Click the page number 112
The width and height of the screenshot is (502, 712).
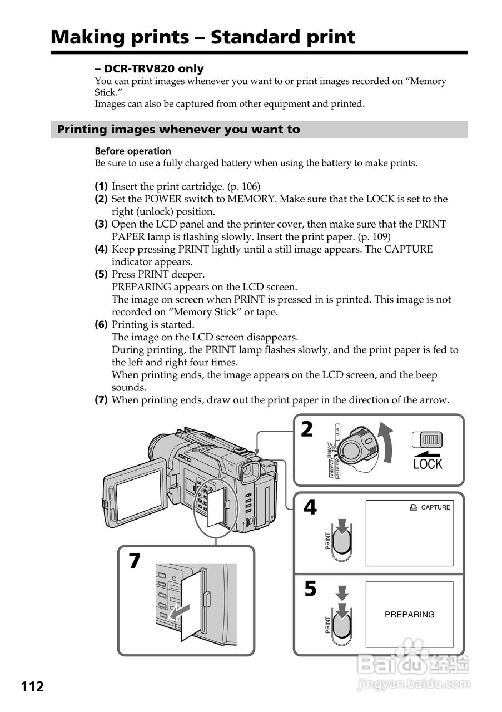tap(33, 686)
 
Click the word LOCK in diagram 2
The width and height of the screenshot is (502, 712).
tap(428, 463)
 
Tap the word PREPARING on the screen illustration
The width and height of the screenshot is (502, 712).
tap(409, 615)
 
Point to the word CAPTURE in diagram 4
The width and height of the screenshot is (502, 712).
tap(435, 507)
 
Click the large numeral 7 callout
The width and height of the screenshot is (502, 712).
tap(135, 561)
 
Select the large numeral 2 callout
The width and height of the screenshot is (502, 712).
tap(307, 430)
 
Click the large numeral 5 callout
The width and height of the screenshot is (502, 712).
tap(310, 589)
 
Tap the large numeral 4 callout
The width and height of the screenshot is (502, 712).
tap(310, 507)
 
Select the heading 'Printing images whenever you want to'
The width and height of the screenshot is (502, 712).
tap(178, 130)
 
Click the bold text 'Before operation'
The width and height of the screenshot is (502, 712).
tap(133, 151)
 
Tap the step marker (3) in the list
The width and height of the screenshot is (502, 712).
tap(101, 224)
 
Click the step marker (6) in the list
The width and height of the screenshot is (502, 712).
tap(101, 325)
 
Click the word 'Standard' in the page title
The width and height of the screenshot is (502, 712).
tap(251, 37)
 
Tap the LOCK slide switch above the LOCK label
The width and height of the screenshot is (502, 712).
tap(428, 439)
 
